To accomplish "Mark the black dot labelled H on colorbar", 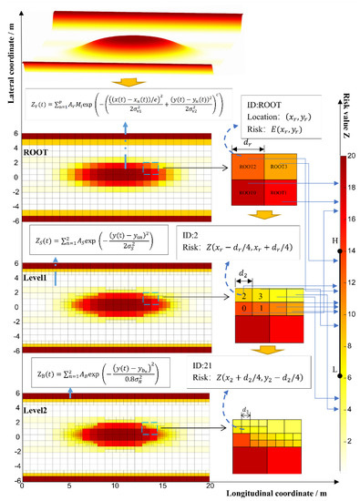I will pyautogui.click(x=336, y=250).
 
